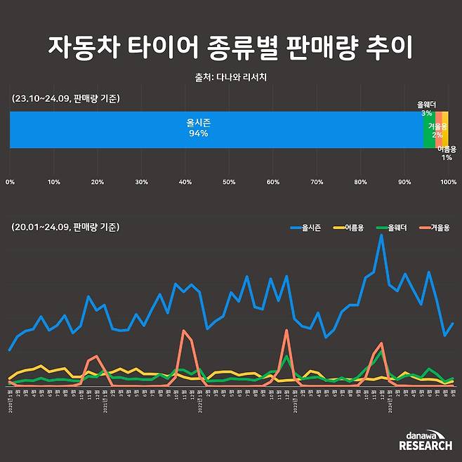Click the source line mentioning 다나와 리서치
coord(230,77)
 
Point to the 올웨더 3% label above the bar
coord(426,108)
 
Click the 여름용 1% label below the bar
coord(447,153)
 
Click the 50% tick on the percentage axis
coord(229,183)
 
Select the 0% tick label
coord(10,183)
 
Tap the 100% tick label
coord(447,183)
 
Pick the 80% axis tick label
coord(360,183)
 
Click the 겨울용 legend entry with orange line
coord(433,227)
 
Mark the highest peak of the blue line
coord(381,235)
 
